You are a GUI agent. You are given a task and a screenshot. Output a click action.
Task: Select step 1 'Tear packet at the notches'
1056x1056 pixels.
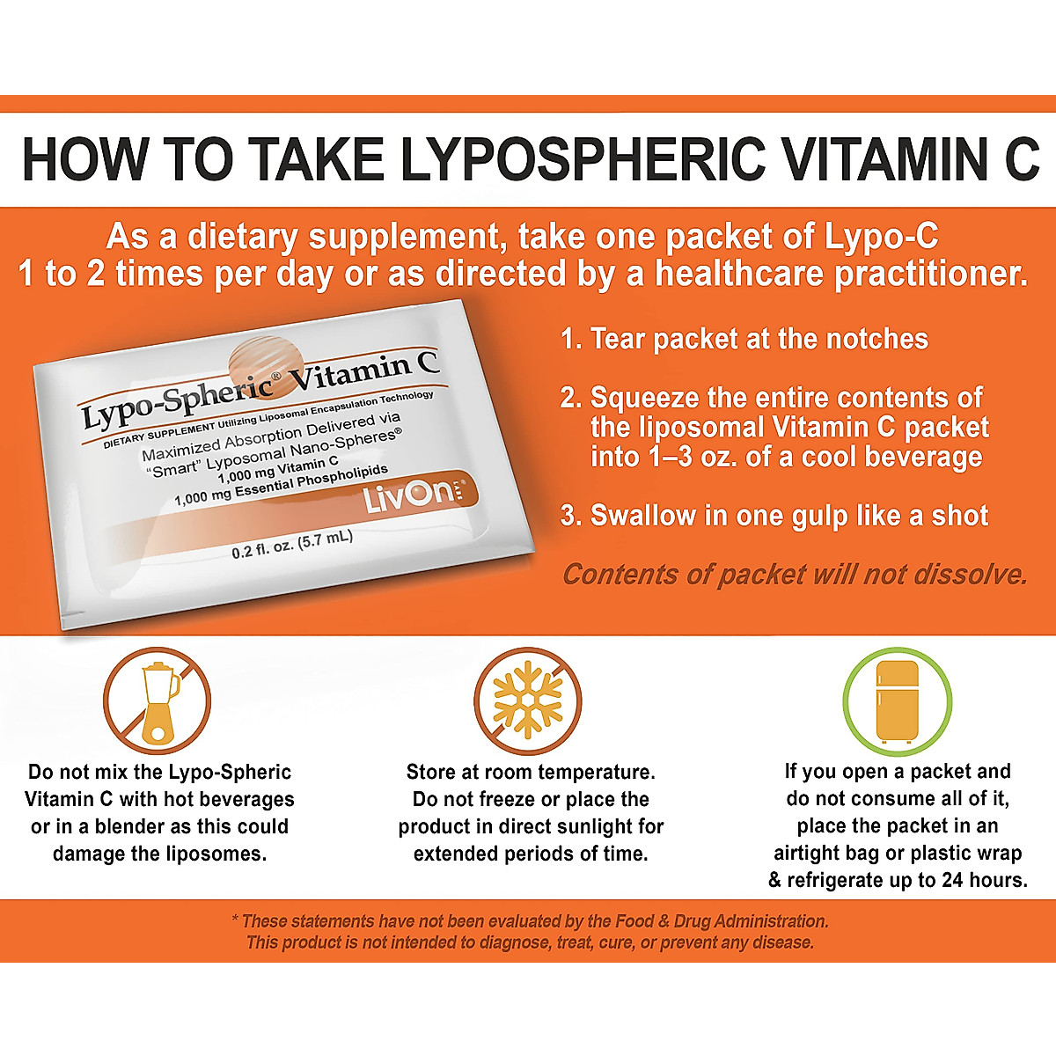click(744, 339)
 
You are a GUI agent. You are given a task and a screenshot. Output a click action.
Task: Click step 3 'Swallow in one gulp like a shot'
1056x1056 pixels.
click(774, 516)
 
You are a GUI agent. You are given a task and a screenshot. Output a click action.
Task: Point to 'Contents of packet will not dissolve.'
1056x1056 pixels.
click(795, 575)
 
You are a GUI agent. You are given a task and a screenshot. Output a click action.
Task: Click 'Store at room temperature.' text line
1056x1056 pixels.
click(531, 772)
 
